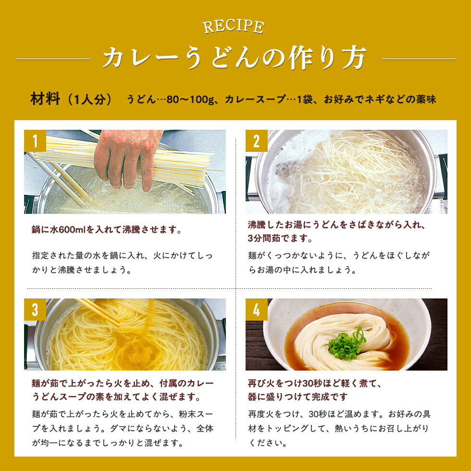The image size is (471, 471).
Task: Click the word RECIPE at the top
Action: tap(234, 27)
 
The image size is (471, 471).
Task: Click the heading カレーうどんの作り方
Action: tap(235, 58)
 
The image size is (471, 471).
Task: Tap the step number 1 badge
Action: tap(35, 141)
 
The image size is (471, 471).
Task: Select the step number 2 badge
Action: tap(257, 141)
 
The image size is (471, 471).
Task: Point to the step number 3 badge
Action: tap(35, 310)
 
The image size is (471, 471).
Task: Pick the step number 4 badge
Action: tap(257, 310)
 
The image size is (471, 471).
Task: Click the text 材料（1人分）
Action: tap(71, 99)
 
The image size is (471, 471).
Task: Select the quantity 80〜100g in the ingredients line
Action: tap(190, 99)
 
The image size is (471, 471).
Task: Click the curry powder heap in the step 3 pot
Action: tap(136, 355)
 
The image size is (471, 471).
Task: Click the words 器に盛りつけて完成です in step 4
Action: tap(297, 397)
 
